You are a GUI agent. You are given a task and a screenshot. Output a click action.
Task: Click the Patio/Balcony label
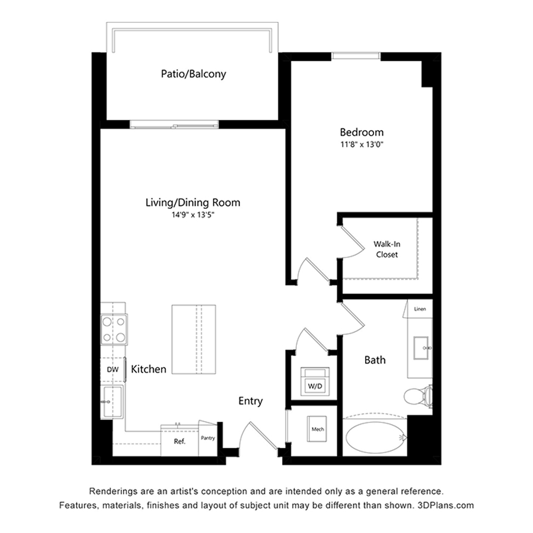(193, 74)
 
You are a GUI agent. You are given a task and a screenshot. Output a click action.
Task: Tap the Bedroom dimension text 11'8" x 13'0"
(362, 144)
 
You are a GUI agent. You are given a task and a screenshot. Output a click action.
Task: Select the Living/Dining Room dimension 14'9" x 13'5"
(193, 215)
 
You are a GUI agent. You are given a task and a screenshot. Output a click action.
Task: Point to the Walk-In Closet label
(387, 249)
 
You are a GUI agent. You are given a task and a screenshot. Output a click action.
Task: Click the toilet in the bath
(418, 396)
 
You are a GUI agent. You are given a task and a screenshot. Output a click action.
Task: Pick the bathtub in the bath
(375, 437)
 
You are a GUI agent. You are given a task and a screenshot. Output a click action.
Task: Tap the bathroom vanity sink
(421, 348)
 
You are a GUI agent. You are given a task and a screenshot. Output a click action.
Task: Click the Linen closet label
(420, 309)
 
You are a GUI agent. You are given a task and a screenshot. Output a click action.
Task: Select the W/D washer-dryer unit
(315, 382)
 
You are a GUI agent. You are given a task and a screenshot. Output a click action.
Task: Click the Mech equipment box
(317, 429)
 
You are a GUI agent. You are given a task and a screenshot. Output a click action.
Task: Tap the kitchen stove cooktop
(114, 329)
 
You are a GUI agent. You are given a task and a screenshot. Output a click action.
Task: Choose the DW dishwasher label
(112, 369)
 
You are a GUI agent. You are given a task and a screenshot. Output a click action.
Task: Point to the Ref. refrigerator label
(180, 441)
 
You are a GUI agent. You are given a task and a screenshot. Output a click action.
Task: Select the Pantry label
(208, 438)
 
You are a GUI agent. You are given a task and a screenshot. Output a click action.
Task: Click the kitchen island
(194, 339)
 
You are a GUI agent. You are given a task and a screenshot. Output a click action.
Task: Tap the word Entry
(251, 401)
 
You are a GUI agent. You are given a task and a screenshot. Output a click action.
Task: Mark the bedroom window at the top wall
(356, 56)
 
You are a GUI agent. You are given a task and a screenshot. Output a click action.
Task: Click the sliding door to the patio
(174, 124)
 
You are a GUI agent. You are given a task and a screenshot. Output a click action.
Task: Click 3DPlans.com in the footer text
(445, 505)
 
